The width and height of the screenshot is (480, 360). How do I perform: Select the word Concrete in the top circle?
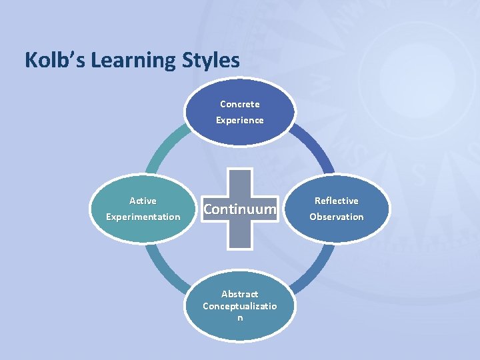(240, 104)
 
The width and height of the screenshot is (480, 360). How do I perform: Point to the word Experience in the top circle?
(240, 120)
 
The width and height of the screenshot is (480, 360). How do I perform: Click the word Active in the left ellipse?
(143, 201)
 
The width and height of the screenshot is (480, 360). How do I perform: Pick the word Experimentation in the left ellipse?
(143, 217)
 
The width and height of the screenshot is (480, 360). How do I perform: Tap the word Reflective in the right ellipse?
(337, 201)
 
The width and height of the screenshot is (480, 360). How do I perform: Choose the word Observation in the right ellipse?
(337, 217)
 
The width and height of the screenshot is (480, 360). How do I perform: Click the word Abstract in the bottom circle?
(240, 294)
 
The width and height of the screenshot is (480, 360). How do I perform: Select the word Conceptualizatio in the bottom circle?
(240, 306)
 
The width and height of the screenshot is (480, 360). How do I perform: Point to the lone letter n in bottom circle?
(240, 318)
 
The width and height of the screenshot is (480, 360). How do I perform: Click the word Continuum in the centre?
(240, 209)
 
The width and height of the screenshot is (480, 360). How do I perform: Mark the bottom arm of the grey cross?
(240, 237)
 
